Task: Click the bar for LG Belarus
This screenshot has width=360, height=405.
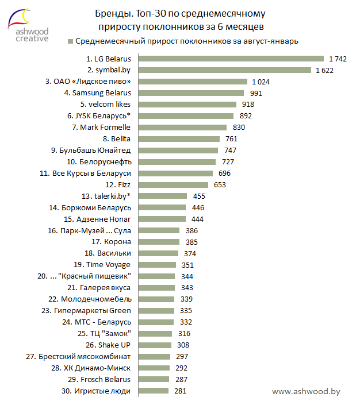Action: tap(230, 59)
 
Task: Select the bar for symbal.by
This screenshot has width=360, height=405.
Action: tap(224, 70)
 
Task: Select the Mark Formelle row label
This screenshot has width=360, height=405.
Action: tap(101, 127)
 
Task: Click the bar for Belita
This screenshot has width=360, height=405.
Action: tap(178, 138)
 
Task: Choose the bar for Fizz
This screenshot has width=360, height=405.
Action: tap(172, 184)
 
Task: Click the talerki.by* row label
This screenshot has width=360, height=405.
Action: tap(106, 196)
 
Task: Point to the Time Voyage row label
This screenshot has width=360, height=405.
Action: tap(102, 265)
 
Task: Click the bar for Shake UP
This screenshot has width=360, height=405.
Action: tap(154, 345)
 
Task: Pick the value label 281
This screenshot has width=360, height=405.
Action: tap(181, 391)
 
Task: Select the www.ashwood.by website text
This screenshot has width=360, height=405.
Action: tap(306, 391)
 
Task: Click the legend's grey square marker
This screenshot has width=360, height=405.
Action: tap(70, 41)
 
